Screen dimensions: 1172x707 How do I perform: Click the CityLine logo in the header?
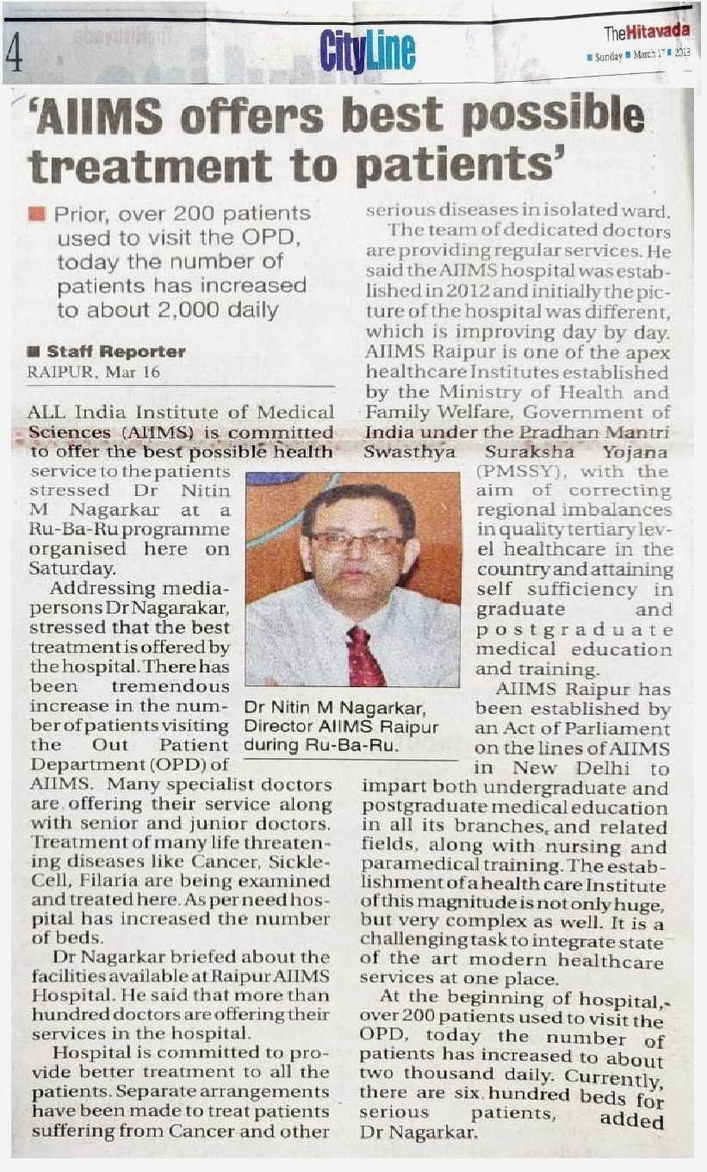coord(366,51)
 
